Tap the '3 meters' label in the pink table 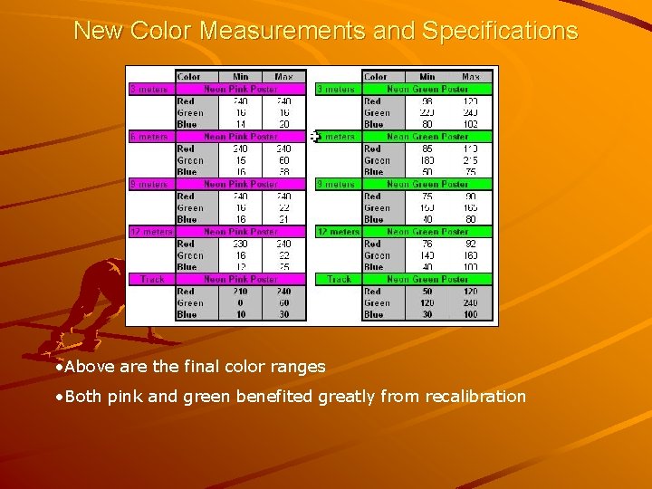coord(149,90)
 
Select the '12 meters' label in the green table coord(338,232)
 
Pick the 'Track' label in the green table coord(340,279)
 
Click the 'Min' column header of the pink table coord(241,77)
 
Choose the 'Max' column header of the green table coord(471,77)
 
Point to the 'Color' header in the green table coord(376,77)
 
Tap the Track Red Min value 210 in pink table coord(241,292)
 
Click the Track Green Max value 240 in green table coord(470,303)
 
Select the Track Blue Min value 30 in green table coord(427,314)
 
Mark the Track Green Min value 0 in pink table coord(241,303)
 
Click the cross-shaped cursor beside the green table coord(314,137)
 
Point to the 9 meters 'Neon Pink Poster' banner coord(241,184)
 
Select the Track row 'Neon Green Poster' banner coord(427,279)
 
